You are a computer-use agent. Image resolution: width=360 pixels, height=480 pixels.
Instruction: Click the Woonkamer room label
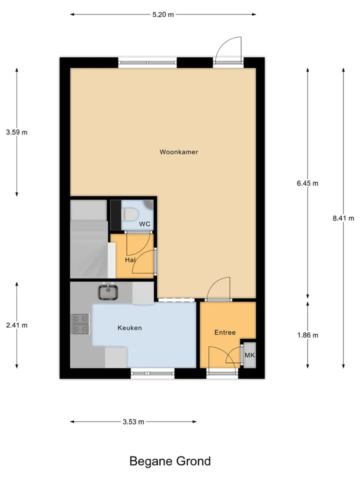point(179,152)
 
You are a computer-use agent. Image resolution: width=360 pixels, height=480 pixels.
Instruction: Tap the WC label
point(145,224)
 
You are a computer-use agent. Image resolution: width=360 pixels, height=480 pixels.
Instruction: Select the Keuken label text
point(130,328)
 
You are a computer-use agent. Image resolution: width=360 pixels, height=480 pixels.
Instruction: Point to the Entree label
point(225,332)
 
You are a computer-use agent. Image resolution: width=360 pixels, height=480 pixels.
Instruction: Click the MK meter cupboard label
point(249,355)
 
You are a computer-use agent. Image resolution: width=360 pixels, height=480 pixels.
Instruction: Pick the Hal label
point(130,260)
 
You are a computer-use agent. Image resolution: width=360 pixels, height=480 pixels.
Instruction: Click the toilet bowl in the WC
point(130,214)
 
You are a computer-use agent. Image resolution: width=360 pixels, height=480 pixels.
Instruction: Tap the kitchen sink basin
point(108,292)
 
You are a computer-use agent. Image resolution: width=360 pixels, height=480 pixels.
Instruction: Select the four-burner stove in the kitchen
point(80,324)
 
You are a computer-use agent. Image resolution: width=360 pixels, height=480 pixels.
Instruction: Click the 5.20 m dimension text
point(163,14)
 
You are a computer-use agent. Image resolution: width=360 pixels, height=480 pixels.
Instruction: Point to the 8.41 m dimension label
point(343,218)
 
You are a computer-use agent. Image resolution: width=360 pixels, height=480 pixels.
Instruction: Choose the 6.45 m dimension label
point(307,183)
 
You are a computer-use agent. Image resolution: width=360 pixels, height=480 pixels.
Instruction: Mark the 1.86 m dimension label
point(307,335)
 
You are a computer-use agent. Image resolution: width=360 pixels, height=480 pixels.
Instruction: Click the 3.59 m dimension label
point(16,132)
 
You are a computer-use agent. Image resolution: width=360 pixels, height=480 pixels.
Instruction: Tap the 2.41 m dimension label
point(16,325)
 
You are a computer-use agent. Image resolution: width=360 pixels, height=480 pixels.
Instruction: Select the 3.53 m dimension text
point(133,422)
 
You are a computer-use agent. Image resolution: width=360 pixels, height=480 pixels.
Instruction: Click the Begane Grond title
point(170,461)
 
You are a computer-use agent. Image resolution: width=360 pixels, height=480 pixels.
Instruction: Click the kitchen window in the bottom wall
point(152,373)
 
